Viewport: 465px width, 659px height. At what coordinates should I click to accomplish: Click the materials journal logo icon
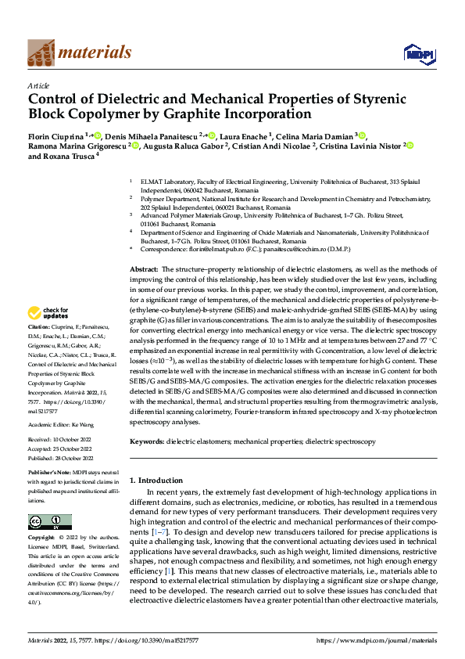click(x=41, y=52)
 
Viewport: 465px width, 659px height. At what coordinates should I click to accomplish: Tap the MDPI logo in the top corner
click(x=416, y=52)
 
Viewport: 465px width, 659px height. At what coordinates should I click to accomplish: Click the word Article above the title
click(x=38, y=85)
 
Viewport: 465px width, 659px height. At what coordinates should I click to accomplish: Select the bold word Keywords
click(x=146, y=441)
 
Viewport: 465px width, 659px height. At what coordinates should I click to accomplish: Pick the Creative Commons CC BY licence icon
click(x=49, y=521)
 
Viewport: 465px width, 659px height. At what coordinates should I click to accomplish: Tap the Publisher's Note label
click(x=50, y=474)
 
